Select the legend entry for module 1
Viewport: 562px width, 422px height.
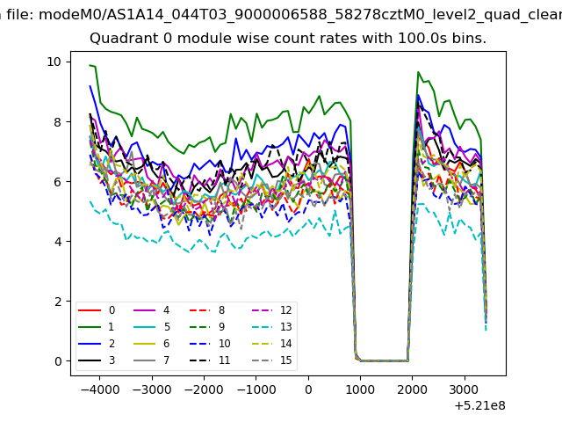pyautogui.click(x=96, y=327)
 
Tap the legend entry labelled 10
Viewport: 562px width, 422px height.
pyautogui.click(x=210, y=344)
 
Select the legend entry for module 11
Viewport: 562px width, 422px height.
pyautogui.click(x=210, y=360)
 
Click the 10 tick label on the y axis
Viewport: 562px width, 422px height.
pyautogui.click(x=54, y=62)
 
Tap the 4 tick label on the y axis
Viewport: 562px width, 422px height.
pyautogui.click(x=58, y=242)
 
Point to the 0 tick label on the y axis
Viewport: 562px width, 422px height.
pyautogui.click(x=58, y=361)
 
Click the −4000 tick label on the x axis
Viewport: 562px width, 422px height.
pyautogui.click(x=100, y=389)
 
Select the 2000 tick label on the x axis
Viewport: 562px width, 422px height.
pyautogui.click(x=412, y=389)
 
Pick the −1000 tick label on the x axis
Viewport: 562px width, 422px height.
pyautogui.click(x=256, y=389)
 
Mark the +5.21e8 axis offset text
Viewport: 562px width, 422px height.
pyautogui.click(x=480, y=406)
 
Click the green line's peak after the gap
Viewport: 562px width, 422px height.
pyautogui.click(x=418, y=72)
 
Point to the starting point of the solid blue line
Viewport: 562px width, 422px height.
pyautogui.click(x=90, y=86)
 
